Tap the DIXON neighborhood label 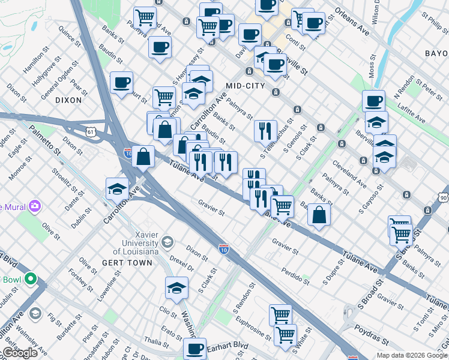pyautogui.click(x=68, y=100)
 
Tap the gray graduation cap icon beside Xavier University pyautogui.click(x=167, y=243)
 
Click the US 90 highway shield pyautogui.click(x=443, y=197)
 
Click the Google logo pyautogui.click(x=20, y=353)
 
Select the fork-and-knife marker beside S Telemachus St pyautogui.click(x=265, y=130)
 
